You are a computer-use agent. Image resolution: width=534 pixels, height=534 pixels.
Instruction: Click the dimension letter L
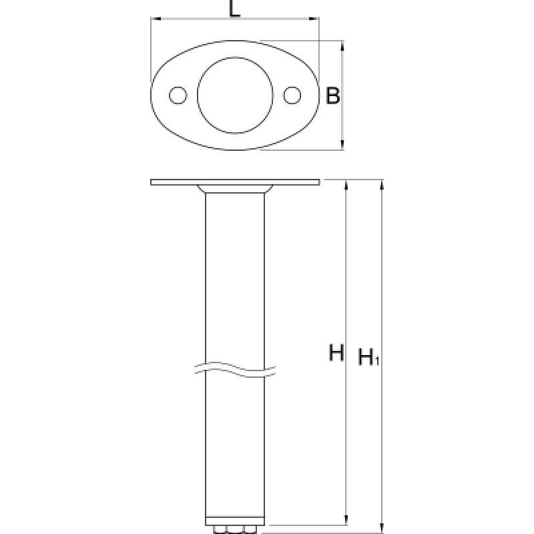[235, 9]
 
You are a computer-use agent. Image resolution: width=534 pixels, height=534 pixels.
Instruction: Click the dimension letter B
[332, 95]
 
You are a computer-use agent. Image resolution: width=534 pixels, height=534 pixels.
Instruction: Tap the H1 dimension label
[369, 357]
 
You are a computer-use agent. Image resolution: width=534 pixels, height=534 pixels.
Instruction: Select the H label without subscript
[336, 352]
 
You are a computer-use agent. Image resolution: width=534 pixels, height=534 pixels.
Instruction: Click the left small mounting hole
[178, 95]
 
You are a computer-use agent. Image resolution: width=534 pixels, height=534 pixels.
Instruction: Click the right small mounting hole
[292, 95]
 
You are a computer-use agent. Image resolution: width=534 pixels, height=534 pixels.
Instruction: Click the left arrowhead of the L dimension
[156, 19]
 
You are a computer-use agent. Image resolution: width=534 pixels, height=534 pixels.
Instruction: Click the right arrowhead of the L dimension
[314, 19]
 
